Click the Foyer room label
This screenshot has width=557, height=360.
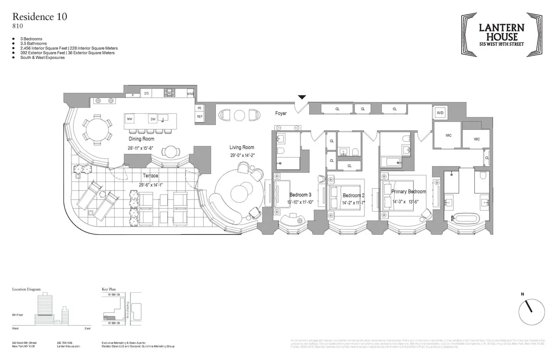[281, 113]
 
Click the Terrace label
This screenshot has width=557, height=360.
[150, 176]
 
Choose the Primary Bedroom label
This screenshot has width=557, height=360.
[408, 192]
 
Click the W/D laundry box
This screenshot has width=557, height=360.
[440, 113]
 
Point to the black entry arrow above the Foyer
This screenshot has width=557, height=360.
[302, 97]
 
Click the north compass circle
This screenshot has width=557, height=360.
[532, 312]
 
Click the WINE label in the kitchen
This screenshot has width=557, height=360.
[190, 94]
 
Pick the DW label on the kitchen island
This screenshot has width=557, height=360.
[153, 119]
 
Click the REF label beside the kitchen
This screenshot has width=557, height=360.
[200, 116]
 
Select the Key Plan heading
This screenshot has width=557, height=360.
[109, 289]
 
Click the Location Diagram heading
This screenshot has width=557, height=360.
[26, 289]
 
